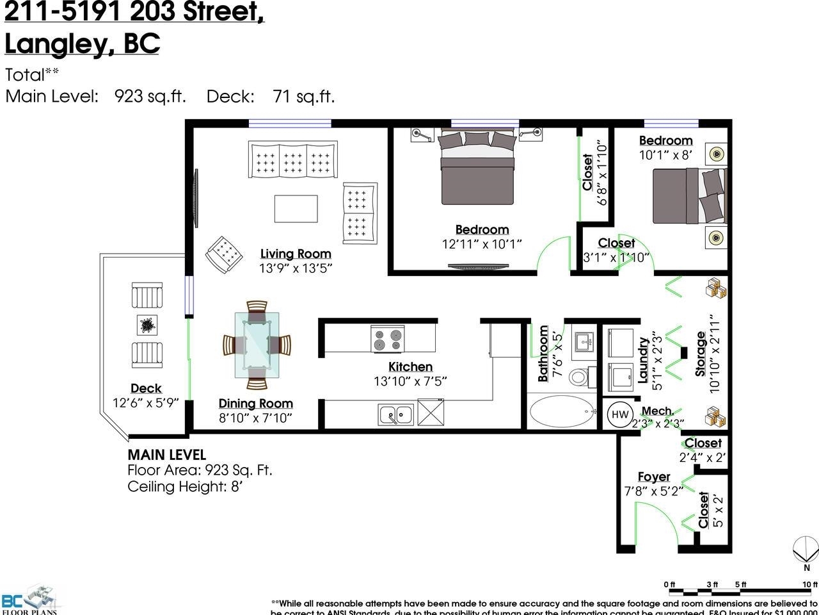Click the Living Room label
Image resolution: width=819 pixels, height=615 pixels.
(296, 254)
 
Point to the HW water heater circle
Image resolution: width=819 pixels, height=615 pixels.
(619, 414)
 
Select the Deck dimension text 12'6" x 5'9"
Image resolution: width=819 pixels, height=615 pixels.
(145, 403)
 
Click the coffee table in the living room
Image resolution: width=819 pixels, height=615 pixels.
(296, 209)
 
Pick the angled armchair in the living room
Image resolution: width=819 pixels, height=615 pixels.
(224, 254)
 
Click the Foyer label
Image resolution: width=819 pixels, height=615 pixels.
(653, 477)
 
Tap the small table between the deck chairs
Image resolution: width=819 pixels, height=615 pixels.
(147, 325)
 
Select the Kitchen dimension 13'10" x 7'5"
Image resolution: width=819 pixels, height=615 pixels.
(410, 381)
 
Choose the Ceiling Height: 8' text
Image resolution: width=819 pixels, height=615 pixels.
(186, 486)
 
